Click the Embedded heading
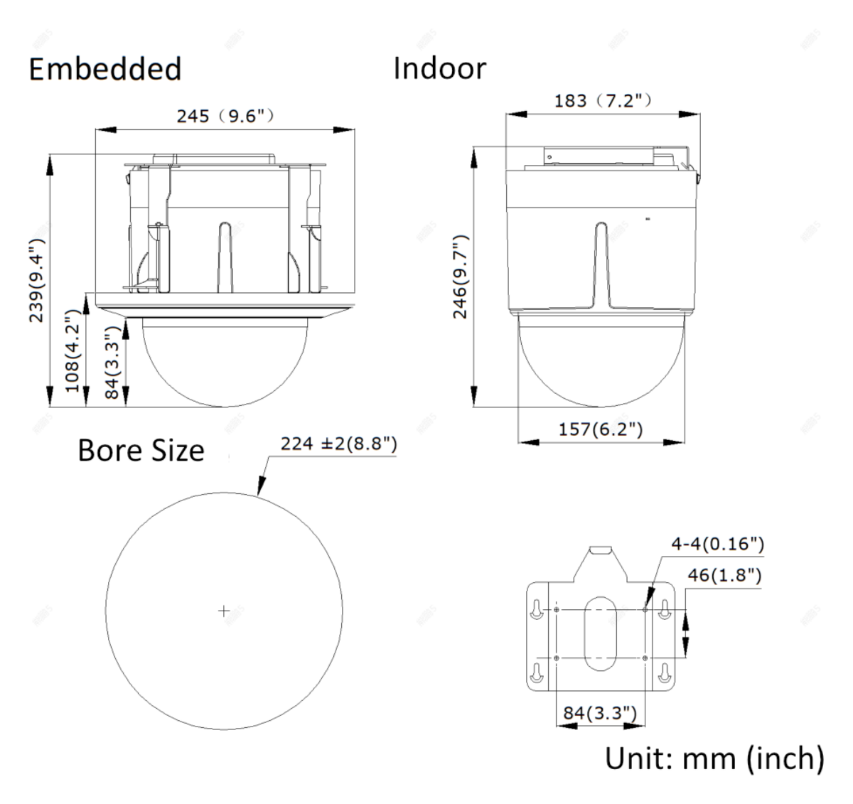tap(105, 69)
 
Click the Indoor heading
tap(440, 68)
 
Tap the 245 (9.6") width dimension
tap(225, 116)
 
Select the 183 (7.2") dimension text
tap(603, 101)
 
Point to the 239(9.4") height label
tap(36, 280)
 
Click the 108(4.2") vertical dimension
tap(73, 350)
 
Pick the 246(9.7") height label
tap(460, 277)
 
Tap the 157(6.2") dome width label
tap(601, 429)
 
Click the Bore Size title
tap(141, 451)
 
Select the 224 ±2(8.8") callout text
tap(339, 444)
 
